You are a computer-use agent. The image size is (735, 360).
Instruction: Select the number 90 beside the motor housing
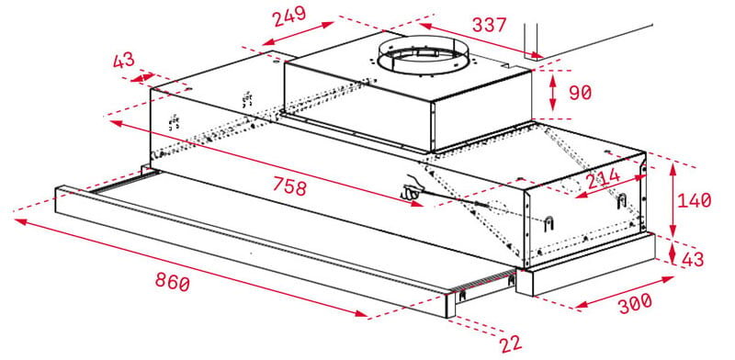(581, 93)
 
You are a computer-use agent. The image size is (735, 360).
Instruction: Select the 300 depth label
(636, 302)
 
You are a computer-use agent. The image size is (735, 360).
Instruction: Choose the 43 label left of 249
(124, 62)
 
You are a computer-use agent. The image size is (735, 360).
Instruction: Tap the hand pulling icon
(413, 187)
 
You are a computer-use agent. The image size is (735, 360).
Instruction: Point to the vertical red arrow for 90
(551, 91)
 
